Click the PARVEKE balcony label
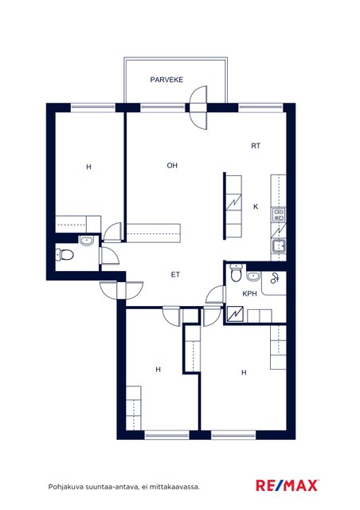pyautogui.click(x=166, y=80)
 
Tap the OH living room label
pyautogui.click(x=172, y=166)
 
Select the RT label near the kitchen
pyautogui.click(x=256, y=146)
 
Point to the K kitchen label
pyautogui.click(x=256, y=206)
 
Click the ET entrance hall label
pyautogui.click(x=175, y=275)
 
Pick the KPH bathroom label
pyautogui.click(x=250, y=294)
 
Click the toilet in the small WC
pyautogui.click(x=65, y=255)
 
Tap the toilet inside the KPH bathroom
pyautogui.click(x=236, y=273)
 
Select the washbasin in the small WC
pyautogui.click(x=87, y=241)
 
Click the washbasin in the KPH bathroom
pyautogui.click(x=253, y=277)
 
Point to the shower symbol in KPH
pyautogui.click(x=275, y=278)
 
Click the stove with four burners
pyautogui.click(x=279, y=214)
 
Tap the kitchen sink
pyautogui.click(x=279, y=245)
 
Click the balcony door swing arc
pyautogui.click(x=198, y=108)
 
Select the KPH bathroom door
pyautogui.click(x=216, y=295)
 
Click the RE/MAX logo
pyautogui.click(x=288, y=485)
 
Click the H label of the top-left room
pyautogui.click(x=88, y=167)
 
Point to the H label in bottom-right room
pyautogui.click(x=244, y=373)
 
